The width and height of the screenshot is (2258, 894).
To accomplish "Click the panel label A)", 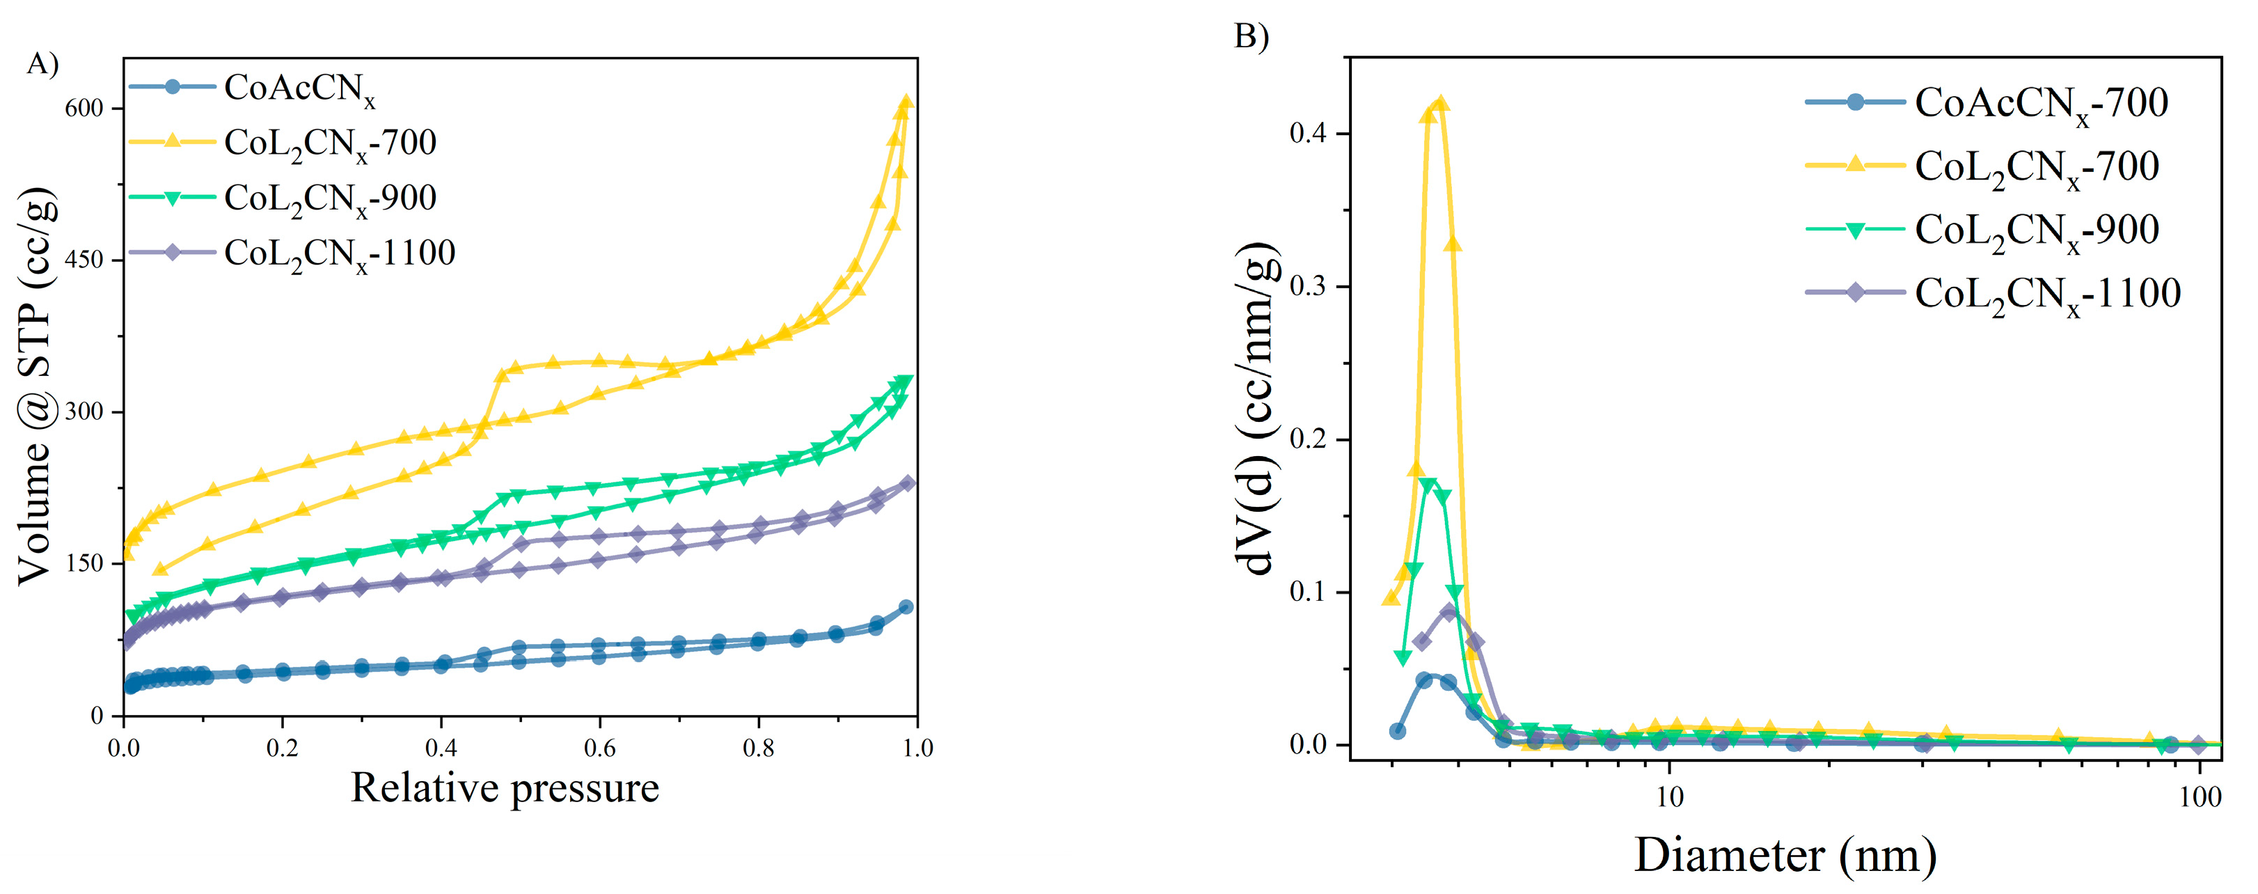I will (x=42, y=65).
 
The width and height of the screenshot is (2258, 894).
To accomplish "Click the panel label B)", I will (x=1251, y=36).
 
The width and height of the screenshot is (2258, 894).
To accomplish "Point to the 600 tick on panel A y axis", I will (x=85, y=109).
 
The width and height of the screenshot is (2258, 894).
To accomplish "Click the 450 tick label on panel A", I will (x=85, y=260).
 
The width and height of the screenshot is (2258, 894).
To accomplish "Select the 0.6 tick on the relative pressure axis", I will (x=599, y=748).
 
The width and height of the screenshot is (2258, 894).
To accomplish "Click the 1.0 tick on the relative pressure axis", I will (x=917, y=748).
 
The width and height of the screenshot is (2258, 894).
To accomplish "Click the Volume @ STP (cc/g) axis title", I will (x=37, y=386).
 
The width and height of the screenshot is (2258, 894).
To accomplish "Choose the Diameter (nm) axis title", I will (x=1785, y=854).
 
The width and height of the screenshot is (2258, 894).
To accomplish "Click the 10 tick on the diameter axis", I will (x=1670, y=797).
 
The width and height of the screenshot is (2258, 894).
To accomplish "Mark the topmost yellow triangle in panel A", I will (x=906, y=102).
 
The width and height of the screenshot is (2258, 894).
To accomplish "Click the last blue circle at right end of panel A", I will (x=906, y=606).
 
